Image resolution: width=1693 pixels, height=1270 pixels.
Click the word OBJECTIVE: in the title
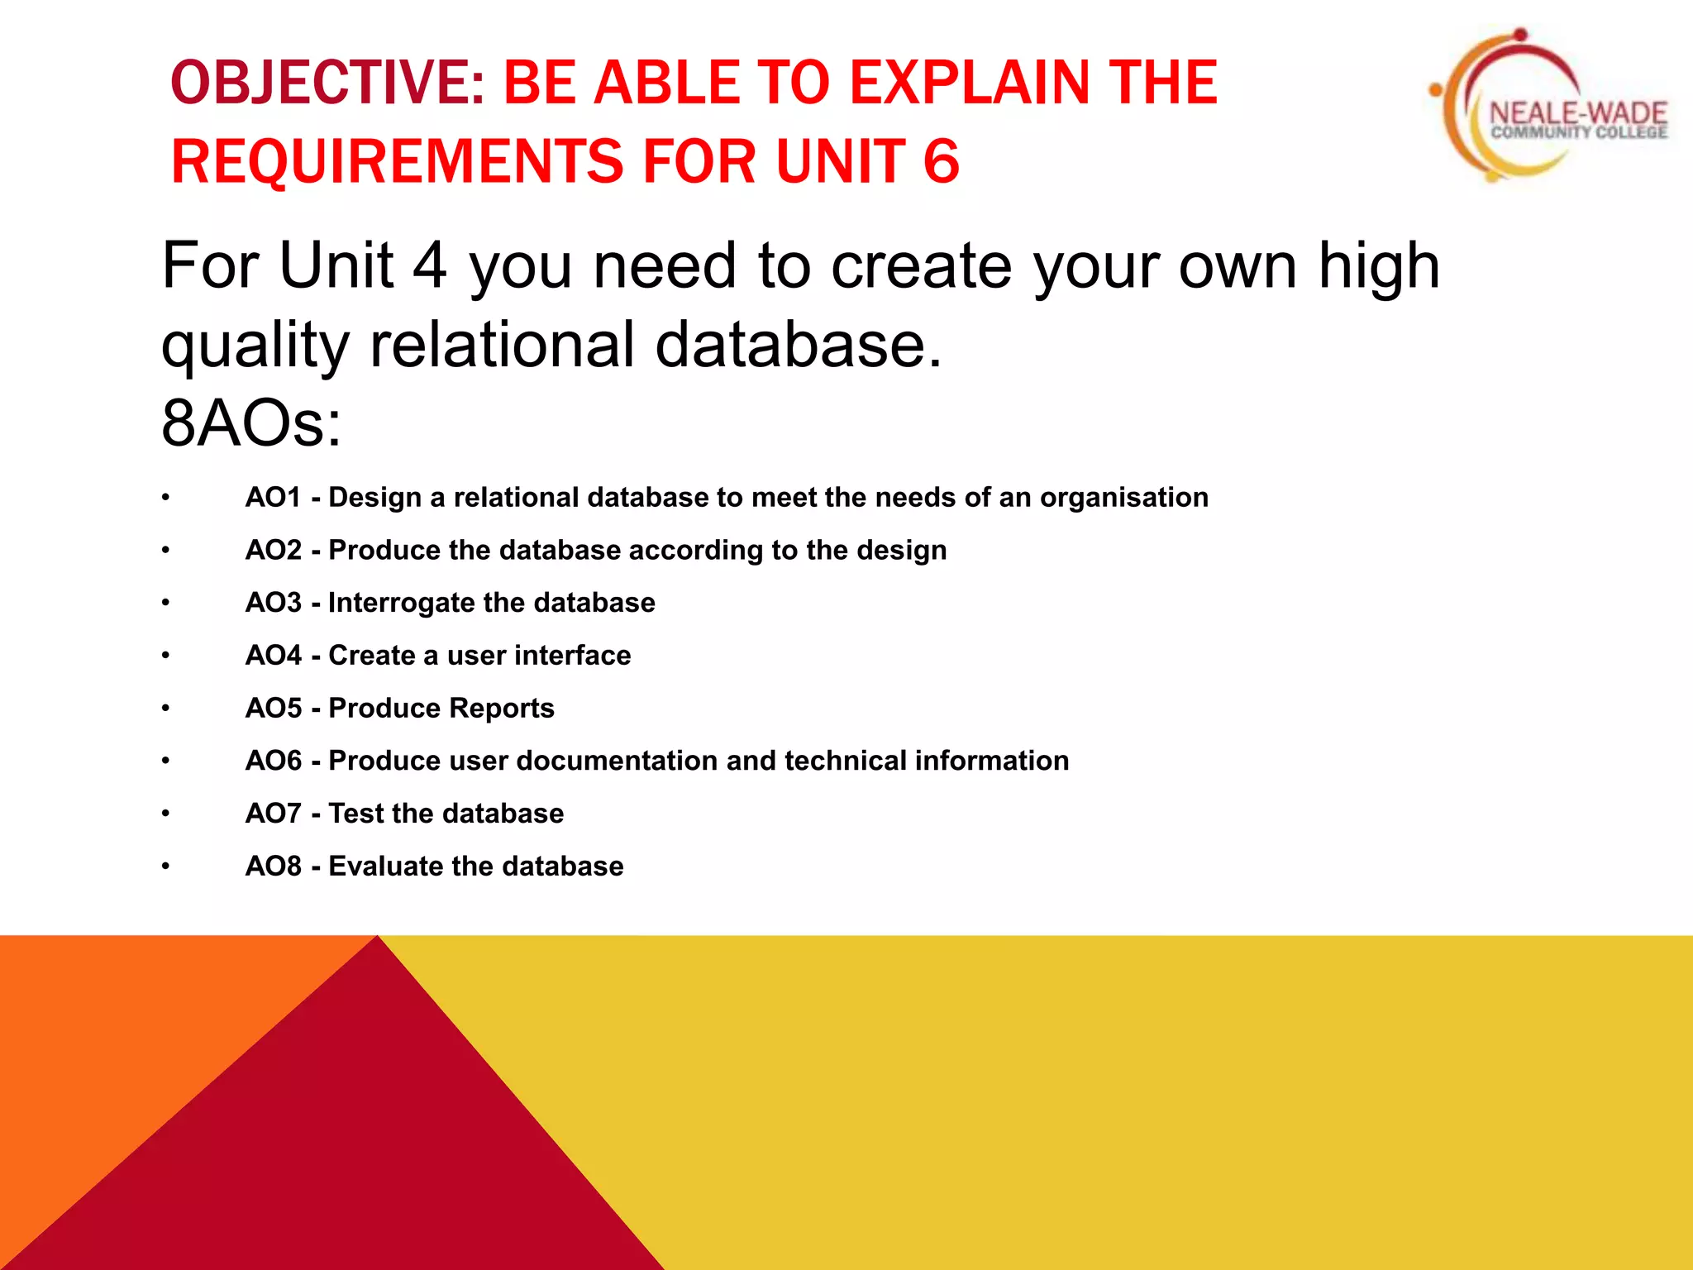point(327,84)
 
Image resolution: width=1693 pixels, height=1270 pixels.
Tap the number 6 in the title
point(941,162)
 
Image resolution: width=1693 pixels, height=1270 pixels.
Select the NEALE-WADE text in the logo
point(1577,114)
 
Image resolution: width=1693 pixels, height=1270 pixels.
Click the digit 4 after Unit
point(429,266)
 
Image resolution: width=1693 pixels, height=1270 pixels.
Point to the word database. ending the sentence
point(799,346)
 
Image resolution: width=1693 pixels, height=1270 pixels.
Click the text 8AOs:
point(250,423)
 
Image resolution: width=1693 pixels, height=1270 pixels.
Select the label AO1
point(274,498)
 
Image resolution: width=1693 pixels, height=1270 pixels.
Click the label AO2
point(274,551)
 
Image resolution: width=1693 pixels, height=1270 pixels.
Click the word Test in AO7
point(356,814)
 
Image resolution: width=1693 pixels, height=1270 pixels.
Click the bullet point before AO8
point(166,867)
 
